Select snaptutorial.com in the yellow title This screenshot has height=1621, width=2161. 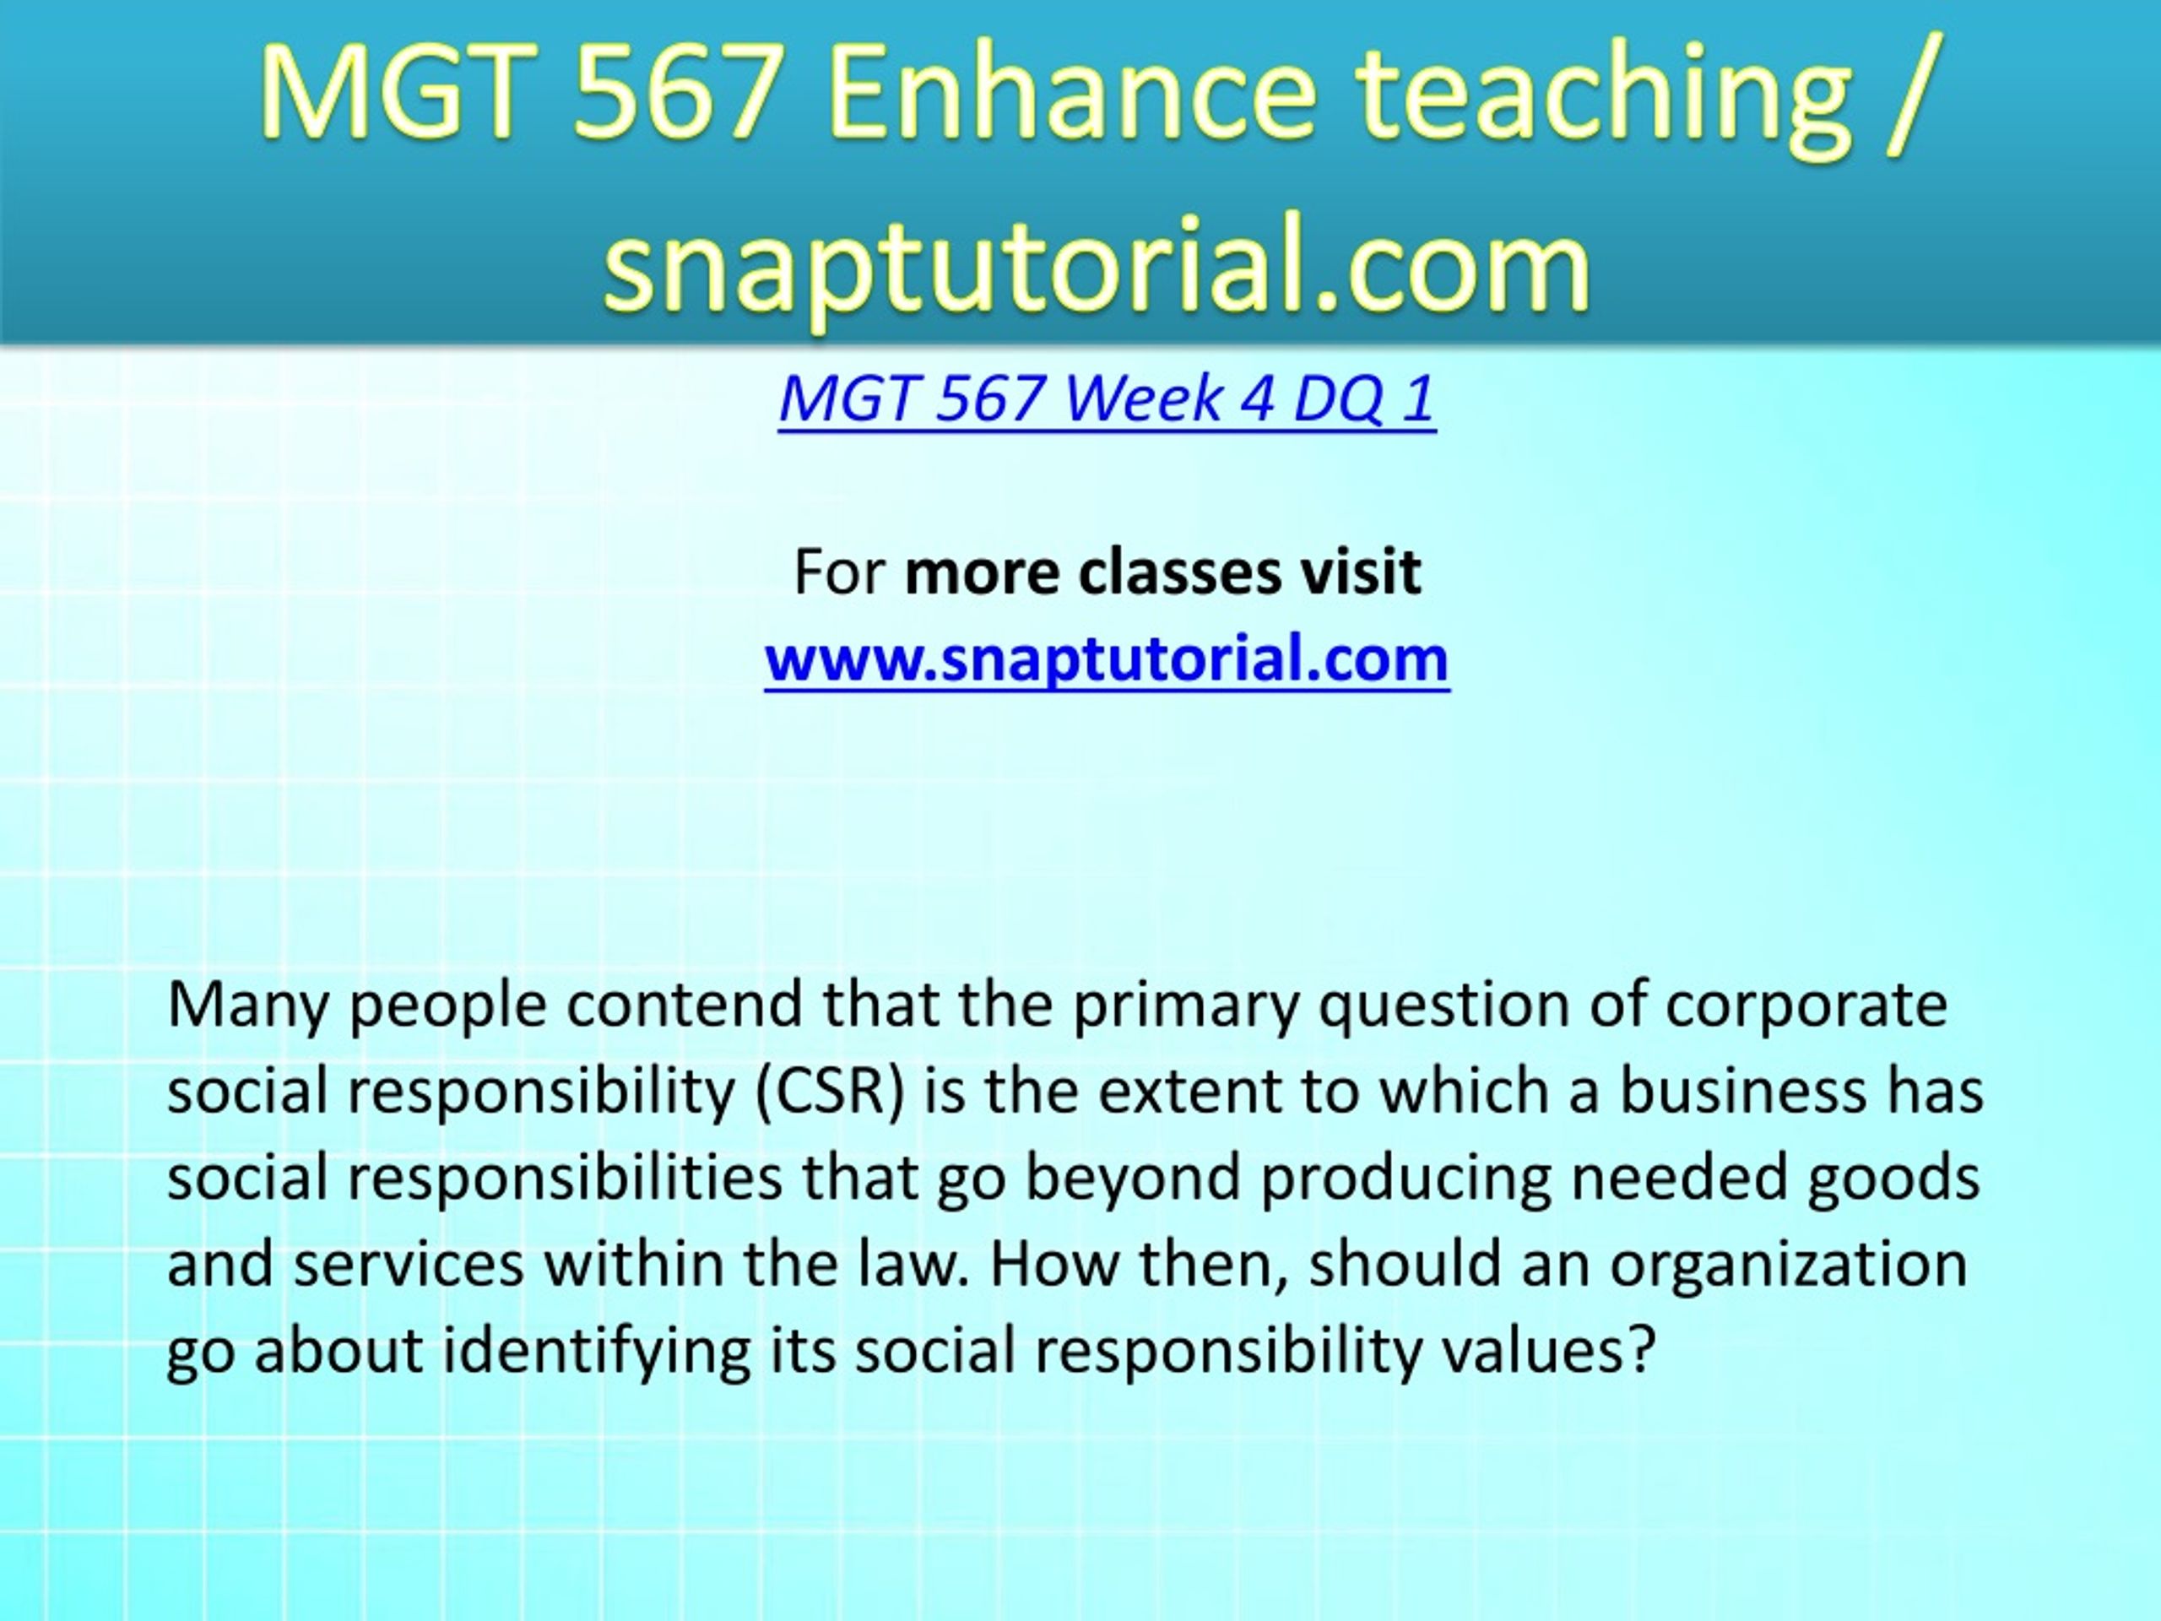tap(1097, 266)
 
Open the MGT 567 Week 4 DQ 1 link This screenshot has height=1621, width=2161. tap(1107, 398)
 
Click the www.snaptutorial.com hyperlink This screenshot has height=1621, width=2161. tap(1107, 659)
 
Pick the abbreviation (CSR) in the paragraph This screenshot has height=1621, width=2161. tap(830, 1092)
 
